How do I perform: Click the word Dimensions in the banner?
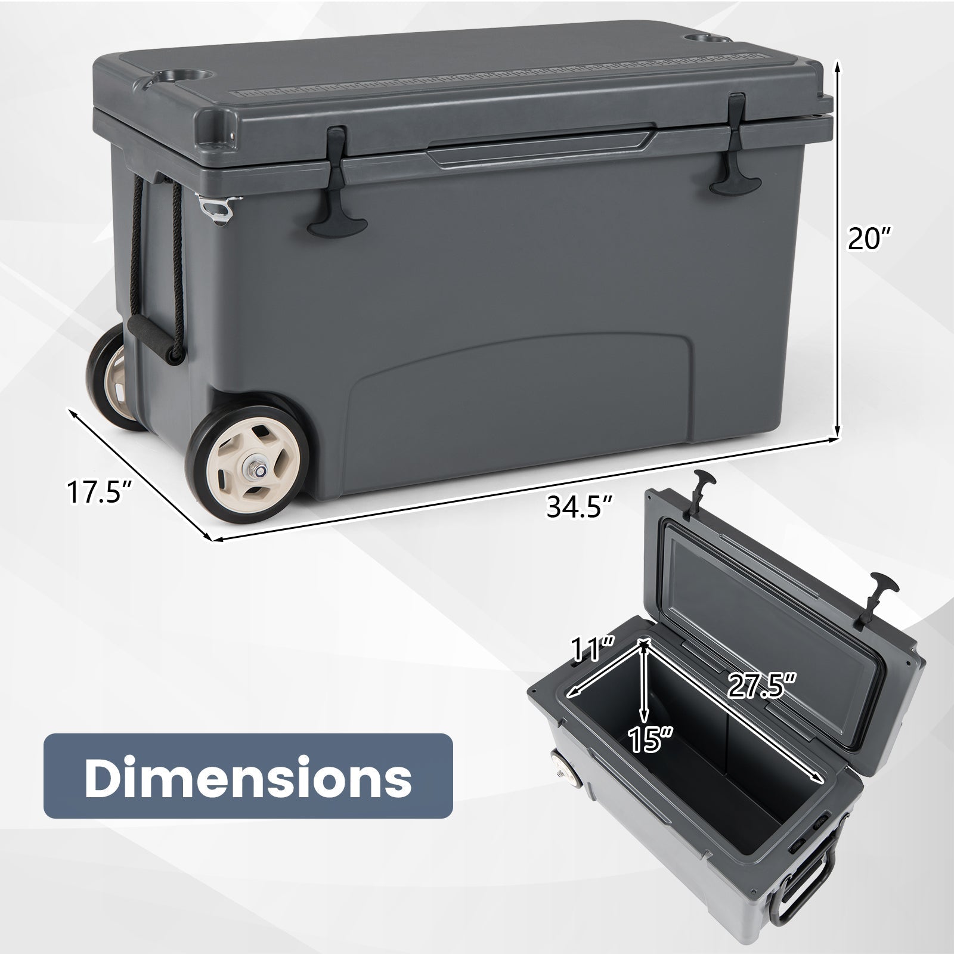tap(248, 776)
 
